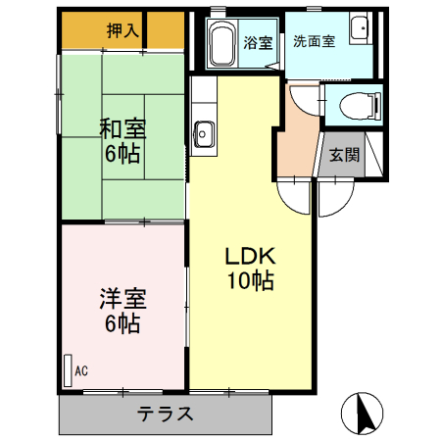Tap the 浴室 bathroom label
[x=258, y=42]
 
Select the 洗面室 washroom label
[x=314, y=42]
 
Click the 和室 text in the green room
[x=122, y=128]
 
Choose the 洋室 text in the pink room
[x=122, y=296]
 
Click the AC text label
[x=81, y=370]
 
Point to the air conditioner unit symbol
[x=68, y=369]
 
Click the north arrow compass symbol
[x=362, y=413]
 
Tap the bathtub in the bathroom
[x=221, y=42]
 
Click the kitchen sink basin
[x=205, y=131]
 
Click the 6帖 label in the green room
[x=122, y=154]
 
